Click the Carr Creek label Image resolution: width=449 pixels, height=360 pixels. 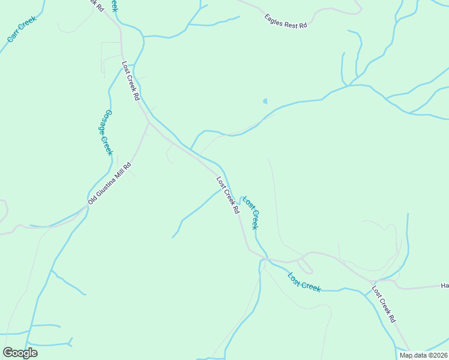click(22, 28)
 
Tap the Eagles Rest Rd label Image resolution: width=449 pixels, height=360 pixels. click(286, 22)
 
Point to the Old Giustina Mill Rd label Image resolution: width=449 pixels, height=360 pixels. click(109, 182)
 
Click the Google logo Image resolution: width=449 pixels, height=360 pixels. click(20, 353)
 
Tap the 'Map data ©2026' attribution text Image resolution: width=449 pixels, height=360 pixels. click(424, 355)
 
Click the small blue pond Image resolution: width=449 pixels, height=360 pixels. click(265, 101)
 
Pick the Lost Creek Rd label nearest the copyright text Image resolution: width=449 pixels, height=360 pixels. click(383, 304)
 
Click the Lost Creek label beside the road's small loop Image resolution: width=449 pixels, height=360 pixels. click(304, 283)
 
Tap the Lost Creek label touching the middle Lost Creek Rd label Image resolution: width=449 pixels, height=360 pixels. click(250, 211)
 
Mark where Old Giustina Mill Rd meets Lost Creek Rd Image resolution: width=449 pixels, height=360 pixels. click(148, 122)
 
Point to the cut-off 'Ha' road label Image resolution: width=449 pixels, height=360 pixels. click(444, 286)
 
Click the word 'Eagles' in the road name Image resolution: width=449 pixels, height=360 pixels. click(274, 19)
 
